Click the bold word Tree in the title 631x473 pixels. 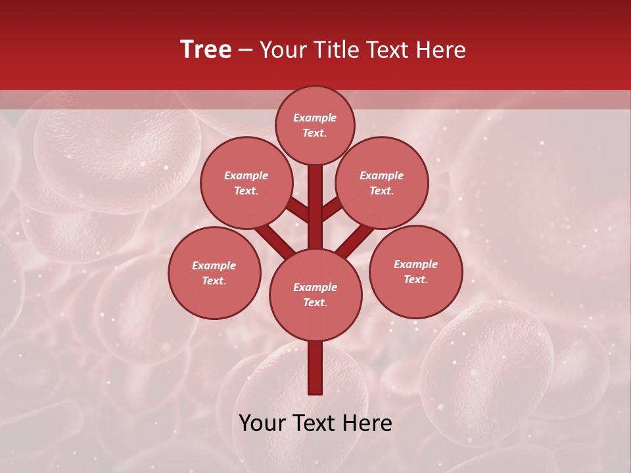(x=206, y=50)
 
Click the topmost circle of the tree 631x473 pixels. (x=315, y=125)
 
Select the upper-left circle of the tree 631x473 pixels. (x=246, y=183)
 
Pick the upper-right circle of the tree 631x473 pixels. (x=382, y=183)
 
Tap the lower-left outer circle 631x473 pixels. (x=214, y=273)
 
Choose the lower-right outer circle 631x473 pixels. (x=415, y=271)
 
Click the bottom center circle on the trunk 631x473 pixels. (x=315, y=294)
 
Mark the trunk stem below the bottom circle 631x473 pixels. (x=315, y=368)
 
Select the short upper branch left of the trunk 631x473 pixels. (x=297, y=210)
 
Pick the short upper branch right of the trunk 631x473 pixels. (x=332, y=209)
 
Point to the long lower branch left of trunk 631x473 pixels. (x=275, y=240)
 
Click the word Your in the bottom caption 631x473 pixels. (x=262, y=423)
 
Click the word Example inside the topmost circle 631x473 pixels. (x=315, y=118)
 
